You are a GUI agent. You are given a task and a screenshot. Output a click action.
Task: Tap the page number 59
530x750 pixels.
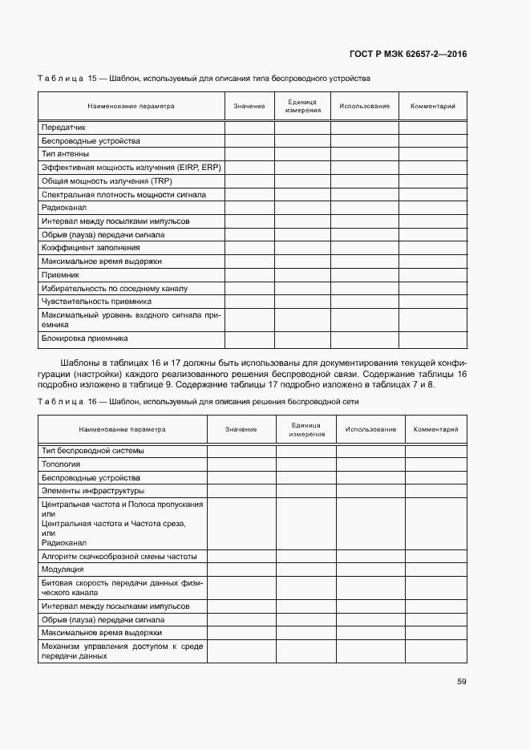coord(461,682)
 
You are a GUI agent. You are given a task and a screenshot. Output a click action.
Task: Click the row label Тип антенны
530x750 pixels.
coord(65,154)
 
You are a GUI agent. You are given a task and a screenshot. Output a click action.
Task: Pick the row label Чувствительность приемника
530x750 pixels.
coord(96,302)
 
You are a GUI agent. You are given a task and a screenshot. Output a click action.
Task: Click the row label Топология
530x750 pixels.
coord(60,464)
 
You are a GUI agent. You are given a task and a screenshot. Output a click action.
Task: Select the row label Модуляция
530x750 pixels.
coord(63,569)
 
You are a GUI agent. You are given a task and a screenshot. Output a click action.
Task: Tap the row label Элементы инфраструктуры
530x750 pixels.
coord(92,490)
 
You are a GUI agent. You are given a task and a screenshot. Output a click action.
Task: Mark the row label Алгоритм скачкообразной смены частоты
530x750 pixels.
coord(119,556)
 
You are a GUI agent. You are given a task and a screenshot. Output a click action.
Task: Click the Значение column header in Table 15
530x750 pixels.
coord(249,107)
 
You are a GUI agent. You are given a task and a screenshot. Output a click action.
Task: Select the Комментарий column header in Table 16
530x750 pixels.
coord(435,429)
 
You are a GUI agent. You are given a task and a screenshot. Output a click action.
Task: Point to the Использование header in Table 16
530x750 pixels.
coord(370,429)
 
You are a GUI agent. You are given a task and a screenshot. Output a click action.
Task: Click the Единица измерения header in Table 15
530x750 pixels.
coord(302,107)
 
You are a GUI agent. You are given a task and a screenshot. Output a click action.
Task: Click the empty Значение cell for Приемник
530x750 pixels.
coord(249,275)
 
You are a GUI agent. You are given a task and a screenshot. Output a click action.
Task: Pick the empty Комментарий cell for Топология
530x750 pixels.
coord(435,464)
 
